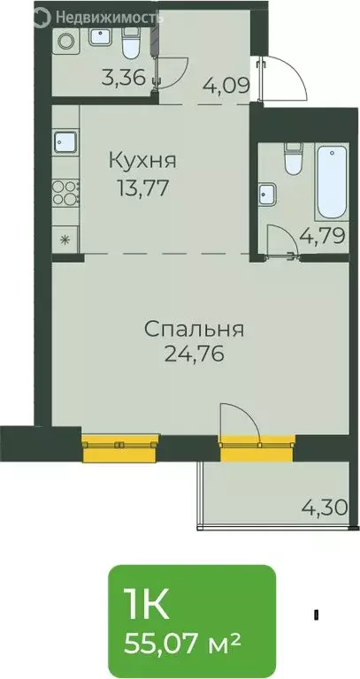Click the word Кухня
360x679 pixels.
[142, 162]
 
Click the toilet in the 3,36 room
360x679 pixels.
[130, 42]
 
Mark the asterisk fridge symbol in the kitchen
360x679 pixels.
[65, 240]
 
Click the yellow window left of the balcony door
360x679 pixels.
[120, 448]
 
